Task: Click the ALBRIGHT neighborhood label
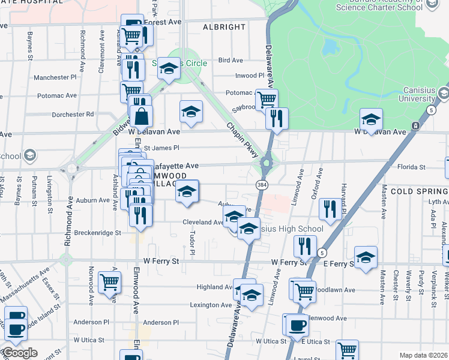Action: tap(224, 27)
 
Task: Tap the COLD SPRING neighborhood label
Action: tap(419, 191)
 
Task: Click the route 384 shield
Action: tap(261, 184)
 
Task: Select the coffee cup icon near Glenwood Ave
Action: tap(296, 325)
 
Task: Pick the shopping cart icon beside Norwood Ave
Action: tap(109, 281)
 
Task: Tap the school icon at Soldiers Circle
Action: tap(169, 68)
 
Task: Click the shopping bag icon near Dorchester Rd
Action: tap(141, 114)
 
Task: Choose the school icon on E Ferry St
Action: tap(366, 256)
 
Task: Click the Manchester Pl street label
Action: tap(55, 77)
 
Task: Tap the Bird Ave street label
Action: tap(231, 60)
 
